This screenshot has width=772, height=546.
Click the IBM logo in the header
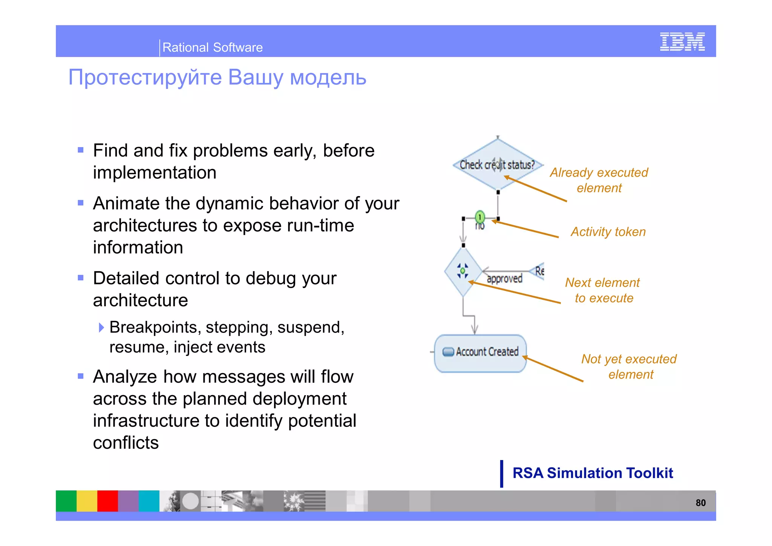click(x=682, y=41)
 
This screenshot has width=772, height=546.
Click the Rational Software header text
click(x=212, y=48)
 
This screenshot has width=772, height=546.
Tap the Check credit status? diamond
click(x=498, y=164)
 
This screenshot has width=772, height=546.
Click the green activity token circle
click(x=479, y=217)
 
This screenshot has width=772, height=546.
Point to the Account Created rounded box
click(x=480, y=353)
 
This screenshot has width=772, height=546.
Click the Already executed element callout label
click(x=599, y=180)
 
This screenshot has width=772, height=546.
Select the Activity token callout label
click(x=608, y=232)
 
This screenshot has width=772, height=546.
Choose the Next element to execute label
click(x=603, y=290)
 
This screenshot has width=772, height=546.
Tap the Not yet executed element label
click(x=629, y=366)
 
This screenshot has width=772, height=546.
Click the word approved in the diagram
click(x=504, y=279)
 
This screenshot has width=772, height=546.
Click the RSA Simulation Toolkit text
click(x=593, y=473)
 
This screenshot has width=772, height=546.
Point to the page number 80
click(x=700, y=503)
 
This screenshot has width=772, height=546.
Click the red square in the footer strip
click(x=107, y=501)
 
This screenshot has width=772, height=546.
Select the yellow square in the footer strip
click(x=87, y=501)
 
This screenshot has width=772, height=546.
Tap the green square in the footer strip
click(x=66, y=501)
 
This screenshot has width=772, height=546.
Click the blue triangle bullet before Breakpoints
click(x=101, y=327)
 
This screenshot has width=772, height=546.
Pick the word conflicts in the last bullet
click(x=126, y=443)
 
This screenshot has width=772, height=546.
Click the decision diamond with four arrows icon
click(x=463, y=271)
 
